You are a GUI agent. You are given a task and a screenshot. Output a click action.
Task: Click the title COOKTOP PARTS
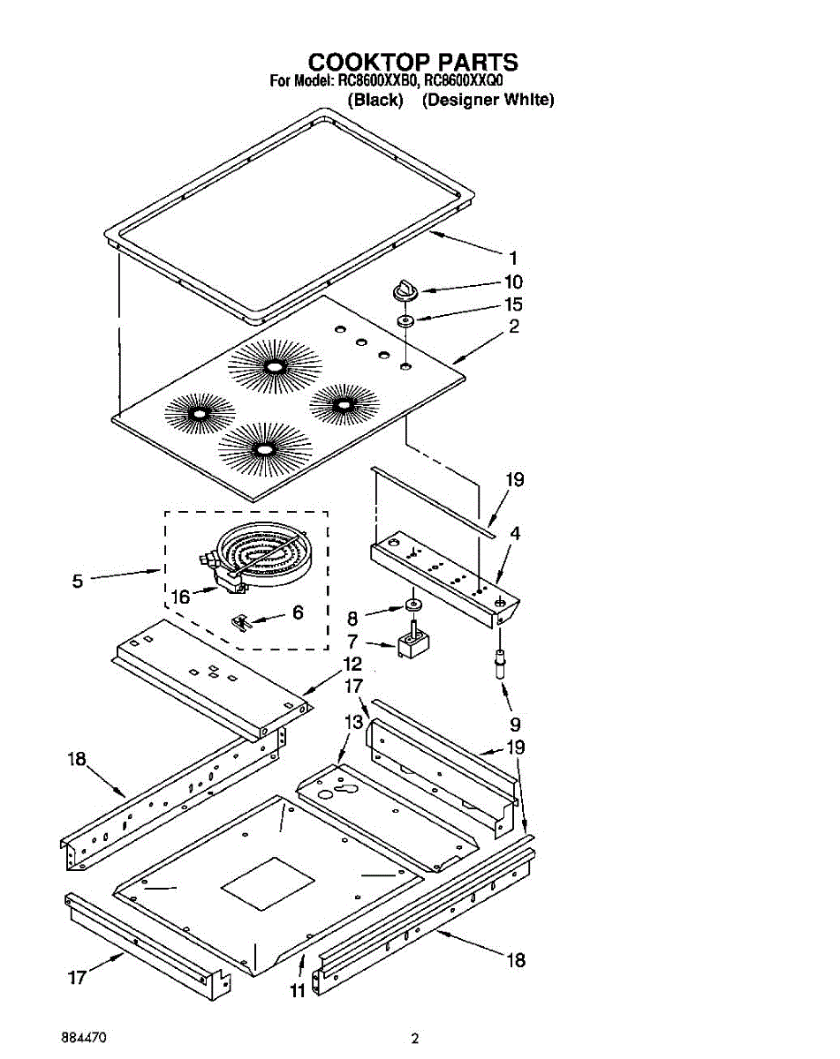[412, 62]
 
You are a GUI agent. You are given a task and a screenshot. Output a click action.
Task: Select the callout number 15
[512, 304]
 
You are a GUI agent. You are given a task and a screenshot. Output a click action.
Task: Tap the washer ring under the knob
[405, 320]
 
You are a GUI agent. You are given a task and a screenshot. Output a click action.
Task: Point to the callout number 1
[512, 259]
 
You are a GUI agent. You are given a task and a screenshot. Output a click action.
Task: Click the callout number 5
[78, 581]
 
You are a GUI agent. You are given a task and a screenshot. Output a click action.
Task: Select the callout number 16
[180, 597]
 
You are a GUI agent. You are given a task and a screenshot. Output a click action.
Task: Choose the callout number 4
[514, 533]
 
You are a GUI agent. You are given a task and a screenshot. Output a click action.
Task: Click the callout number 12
[352, 664]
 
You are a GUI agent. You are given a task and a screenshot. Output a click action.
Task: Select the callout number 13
[352, 722]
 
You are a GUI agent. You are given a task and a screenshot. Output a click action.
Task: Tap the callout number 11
[298, 990]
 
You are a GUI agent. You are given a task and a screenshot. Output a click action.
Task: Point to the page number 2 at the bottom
[413, 1039]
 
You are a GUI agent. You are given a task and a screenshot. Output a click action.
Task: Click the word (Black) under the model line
[375, 100]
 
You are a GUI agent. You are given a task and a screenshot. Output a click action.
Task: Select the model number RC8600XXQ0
[465, 80]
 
